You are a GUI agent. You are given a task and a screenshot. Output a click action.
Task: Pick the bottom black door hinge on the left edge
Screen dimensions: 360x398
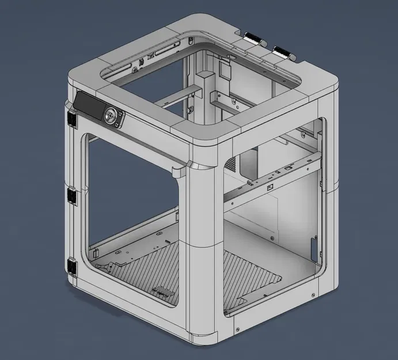tap(73, 266)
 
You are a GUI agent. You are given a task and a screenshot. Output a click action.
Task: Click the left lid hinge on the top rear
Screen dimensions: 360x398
tap(253, 40)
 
